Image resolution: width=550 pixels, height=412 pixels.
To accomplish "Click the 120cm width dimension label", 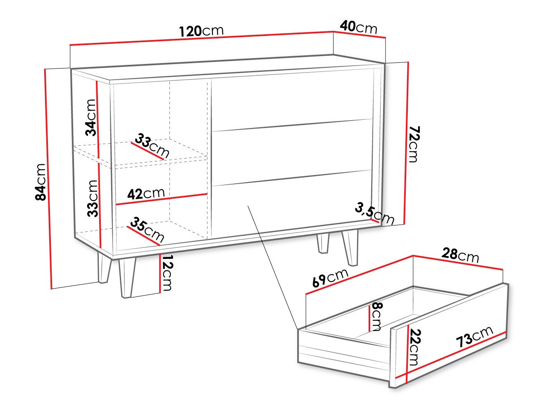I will (x=201, y=31).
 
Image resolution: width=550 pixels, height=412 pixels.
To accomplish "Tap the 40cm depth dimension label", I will (x=358, y=27).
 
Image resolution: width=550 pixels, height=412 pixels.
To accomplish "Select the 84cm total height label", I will (x=40, y=182).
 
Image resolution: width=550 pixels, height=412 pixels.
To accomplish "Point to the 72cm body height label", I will (x=414, y=144).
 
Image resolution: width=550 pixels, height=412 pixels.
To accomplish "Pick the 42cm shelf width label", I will (x=145, y=193).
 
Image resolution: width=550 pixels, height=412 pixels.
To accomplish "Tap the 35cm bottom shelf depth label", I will (x=147, y=230).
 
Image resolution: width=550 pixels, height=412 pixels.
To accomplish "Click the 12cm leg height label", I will (x=167, y=272).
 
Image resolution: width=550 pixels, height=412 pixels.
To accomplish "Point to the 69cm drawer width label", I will (x=330, y=278).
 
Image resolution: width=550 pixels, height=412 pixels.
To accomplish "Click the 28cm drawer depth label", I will (x=460, y=254).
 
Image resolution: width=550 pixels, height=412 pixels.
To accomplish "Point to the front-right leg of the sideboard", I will (x=351, y=248).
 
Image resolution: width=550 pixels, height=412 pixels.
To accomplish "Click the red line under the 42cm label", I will (x=162, y=199).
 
